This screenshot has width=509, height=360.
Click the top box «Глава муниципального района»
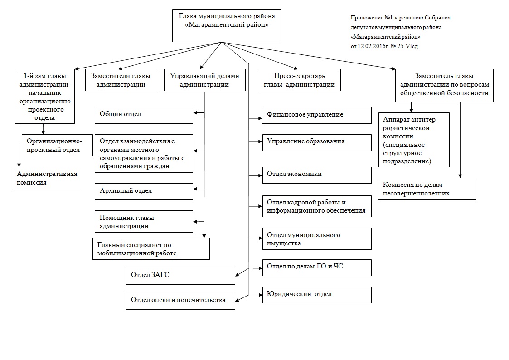(x=227, y=25)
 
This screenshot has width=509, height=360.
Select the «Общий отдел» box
(x=144, y=115)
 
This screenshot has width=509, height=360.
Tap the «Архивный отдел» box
(x=144, y=191)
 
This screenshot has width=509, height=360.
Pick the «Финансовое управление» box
(x=317, y=115)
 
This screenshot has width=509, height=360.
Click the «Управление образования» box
(x=317, y=142)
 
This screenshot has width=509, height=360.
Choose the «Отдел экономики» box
(x=317, y=175)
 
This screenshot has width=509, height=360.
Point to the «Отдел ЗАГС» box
(x=180, y=276)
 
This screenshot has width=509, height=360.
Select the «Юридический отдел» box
(x=317, y=295)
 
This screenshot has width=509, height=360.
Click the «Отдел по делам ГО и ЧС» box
(x=317, y=268)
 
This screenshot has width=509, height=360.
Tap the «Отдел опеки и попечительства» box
(x=180, y=301)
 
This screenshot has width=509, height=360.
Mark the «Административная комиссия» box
(x=48, y=178)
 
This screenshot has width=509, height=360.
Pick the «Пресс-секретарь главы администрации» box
(x=300, y=80)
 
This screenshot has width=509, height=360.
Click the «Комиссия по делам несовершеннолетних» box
(x=427, y=189)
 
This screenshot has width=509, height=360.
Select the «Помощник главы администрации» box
(x=144, y=221)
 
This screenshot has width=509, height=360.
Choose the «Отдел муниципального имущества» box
(x=317, y=238)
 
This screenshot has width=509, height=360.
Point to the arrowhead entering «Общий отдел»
(x=196, y=113)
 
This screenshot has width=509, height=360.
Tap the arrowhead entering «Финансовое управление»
(x=260, y=118)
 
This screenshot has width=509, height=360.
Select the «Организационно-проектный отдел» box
(x=57, y=146)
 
